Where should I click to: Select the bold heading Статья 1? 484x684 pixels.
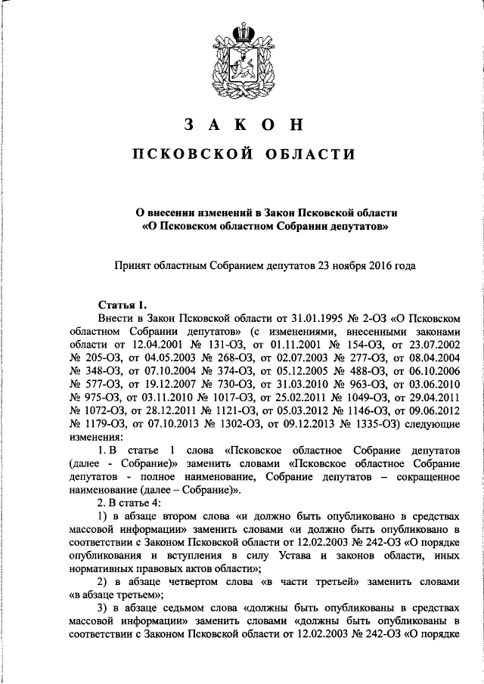(119, 305)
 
